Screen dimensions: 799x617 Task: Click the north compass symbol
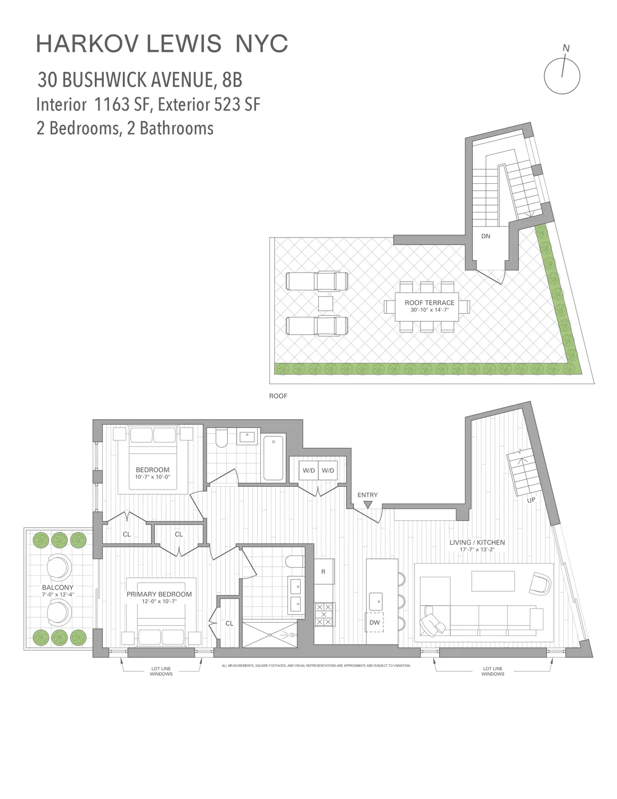tap(562, 75)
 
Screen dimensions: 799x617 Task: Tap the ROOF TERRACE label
tap(429, 303)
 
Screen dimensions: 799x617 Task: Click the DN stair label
tap(486, 236)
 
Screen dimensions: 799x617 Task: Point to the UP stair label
tap(531, 500)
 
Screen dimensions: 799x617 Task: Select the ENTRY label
tap(367, 495)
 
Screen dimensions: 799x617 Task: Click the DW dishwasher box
tap(375, 622)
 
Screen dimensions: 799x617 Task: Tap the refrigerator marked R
tap(323, 572)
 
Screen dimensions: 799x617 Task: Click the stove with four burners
tap(324, 614)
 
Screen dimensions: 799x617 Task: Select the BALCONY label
tap(57, 588)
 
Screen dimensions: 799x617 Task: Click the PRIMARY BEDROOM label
tap(159, 594)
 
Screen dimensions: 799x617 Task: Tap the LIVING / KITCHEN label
tap(477, 542)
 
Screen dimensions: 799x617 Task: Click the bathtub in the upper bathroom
tap(274, 457)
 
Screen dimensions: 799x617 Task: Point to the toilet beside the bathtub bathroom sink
tap(222, 438)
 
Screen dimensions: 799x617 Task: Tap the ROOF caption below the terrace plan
tap(278, 396)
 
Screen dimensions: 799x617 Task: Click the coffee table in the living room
tap(493, 581)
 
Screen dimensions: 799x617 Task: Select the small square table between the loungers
tap(325, 304)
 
